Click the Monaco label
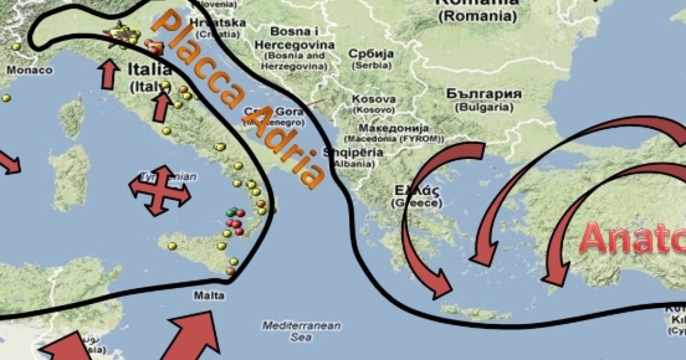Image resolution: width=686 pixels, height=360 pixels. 29,70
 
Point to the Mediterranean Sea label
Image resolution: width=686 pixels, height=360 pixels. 301,331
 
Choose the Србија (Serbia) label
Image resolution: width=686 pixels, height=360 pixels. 372,59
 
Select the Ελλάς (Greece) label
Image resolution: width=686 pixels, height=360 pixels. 416,195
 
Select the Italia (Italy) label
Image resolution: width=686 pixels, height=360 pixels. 149,77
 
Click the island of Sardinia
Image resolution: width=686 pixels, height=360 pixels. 69,177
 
